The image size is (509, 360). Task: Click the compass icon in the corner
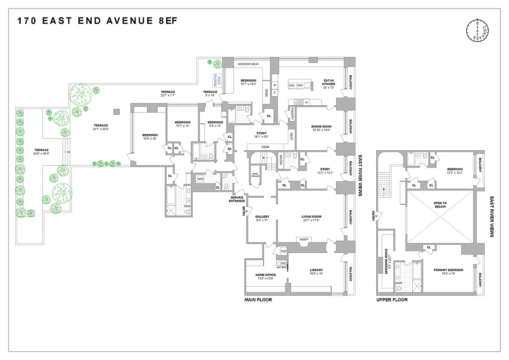click(x=477, y=31)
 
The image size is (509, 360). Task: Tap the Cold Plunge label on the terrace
click(x=217, y=80)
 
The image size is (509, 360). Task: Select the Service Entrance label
click(x=237, y=198)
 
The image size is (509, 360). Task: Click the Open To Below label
click(x=440, y=204)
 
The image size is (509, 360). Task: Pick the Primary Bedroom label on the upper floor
click(x=448, y=272)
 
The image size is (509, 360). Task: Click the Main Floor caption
click(x=258, y=300)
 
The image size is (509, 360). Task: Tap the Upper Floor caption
click(x=392, y=300)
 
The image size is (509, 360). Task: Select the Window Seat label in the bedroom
click(x=248, y=64)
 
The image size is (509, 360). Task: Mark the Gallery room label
click(x=262, y=218)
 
